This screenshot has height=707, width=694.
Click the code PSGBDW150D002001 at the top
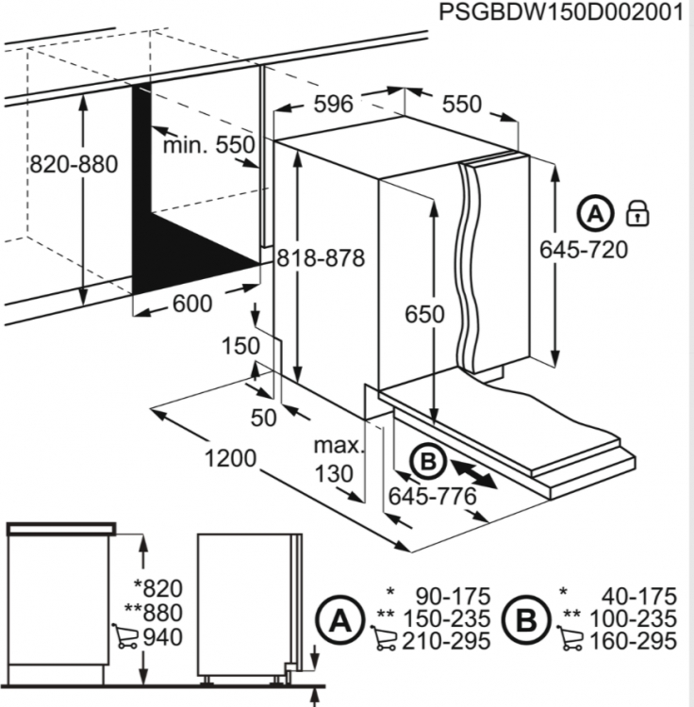(561, 12)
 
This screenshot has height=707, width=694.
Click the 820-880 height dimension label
(74, 165)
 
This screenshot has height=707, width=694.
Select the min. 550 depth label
(208, 145)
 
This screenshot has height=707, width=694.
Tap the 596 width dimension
(333, 104)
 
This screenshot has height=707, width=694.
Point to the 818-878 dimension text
(321, 259)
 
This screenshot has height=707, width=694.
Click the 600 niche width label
(192, 304)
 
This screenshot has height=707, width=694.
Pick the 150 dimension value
(240, 346)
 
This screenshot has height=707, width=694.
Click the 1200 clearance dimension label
(230, 458)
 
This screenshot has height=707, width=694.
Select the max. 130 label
(339, 460)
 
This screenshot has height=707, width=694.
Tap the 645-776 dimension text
(433, 497)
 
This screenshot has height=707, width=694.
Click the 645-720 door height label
(584, 250)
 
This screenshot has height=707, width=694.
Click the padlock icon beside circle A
(637, 214)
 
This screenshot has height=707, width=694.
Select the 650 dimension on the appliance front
(424, 314)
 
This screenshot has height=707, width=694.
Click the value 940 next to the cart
(163, 637)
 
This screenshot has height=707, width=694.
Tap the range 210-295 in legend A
(446, 641)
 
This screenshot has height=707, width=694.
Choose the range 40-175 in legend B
(639, 596)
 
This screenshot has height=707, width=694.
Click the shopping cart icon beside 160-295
(570, 637)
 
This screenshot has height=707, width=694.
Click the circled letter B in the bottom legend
(526, 620)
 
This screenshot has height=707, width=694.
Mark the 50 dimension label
(263, 418)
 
